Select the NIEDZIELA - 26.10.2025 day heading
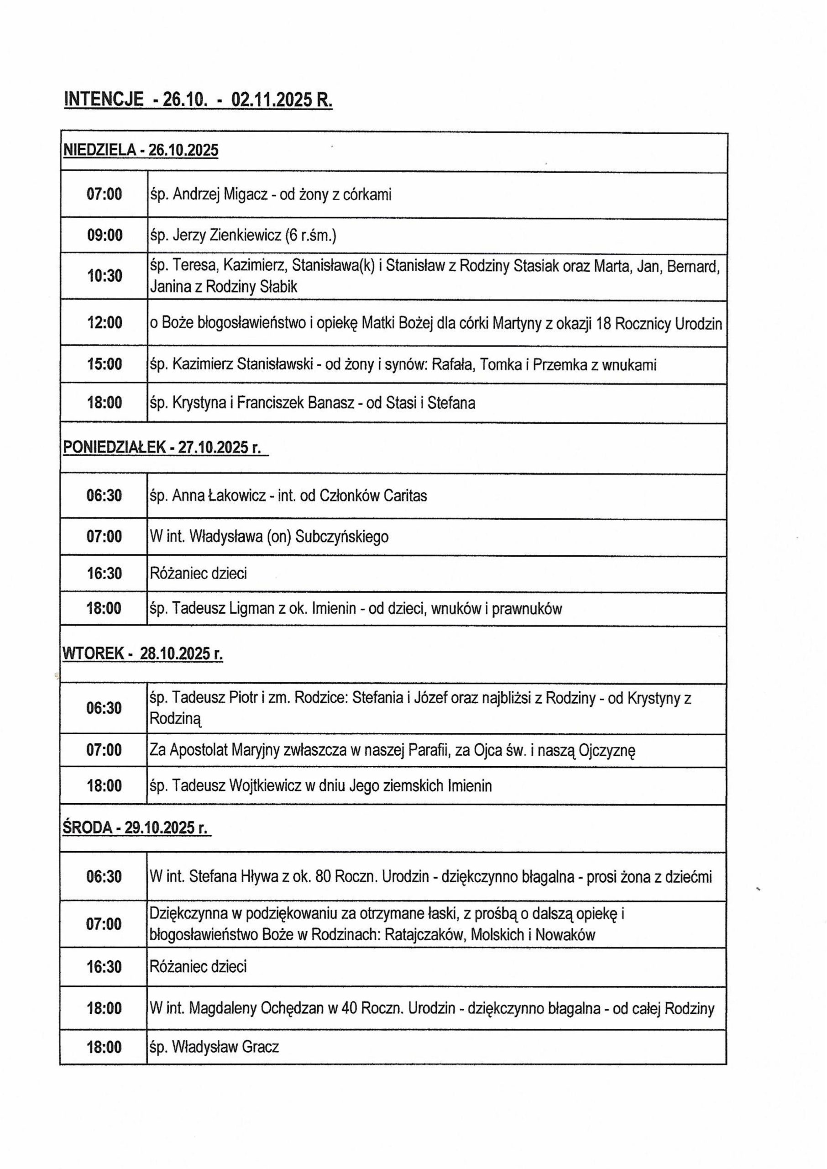click(x=140, y=150)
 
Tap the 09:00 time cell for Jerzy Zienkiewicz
click(x=105, y=235)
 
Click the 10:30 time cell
click(x=105, y=276)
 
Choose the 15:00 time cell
click(x=105, y=365)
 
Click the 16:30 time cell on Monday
click(x=105, y=574)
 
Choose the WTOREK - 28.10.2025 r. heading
click(x=142, y=653)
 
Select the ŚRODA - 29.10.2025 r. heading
click(x=136, y=828)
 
